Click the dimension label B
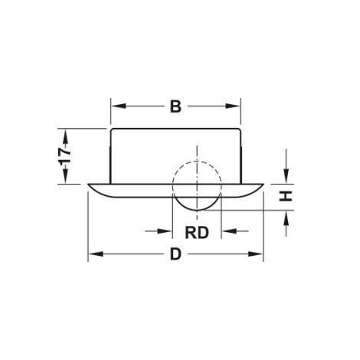click(175, 106)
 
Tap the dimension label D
click(175, 256)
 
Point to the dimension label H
click(286, 197)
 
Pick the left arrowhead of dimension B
click(116, 106)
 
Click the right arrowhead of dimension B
click(237, 106)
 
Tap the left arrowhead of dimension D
click(93, 256)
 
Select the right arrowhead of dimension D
click(260, 256)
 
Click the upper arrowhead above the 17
click(67, 134)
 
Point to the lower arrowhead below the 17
click(67, 178)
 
